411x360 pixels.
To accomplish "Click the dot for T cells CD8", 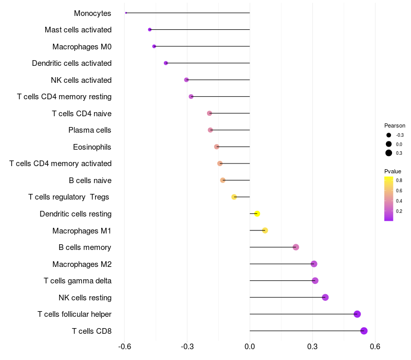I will pos(364,331).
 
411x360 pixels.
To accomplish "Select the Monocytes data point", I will pos(126,13).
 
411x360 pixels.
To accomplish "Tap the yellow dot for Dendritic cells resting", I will pos(257,214).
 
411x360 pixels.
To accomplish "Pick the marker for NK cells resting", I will pos(325,297).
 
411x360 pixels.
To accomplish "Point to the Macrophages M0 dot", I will pos(154,46).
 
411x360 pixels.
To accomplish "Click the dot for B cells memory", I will pos(296,247).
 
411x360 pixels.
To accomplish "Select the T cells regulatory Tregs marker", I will pos(234,197).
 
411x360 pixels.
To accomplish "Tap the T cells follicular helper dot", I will pos(357,314).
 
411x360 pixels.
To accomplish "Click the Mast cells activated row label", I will pos(78,30).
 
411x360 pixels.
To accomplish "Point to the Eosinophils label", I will pos(92,147).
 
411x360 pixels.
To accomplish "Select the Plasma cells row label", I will pos(90,130).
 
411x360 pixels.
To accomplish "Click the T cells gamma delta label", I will pos(78,281).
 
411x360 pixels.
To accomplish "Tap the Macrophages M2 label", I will pos(82,264).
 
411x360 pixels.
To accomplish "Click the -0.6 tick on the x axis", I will pos(124,347).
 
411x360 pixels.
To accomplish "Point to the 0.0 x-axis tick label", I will pos(250,347).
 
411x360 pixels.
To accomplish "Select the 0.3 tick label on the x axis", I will pos(312,347).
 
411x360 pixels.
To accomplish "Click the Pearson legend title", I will pos(395,125).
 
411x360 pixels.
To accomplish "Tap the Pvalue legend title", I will pos(393,171).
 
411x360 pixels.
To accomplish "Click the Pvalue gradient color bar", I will pos(389,199).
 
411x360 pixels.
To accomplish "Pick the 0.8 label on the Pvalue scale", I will pos(399,181).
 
